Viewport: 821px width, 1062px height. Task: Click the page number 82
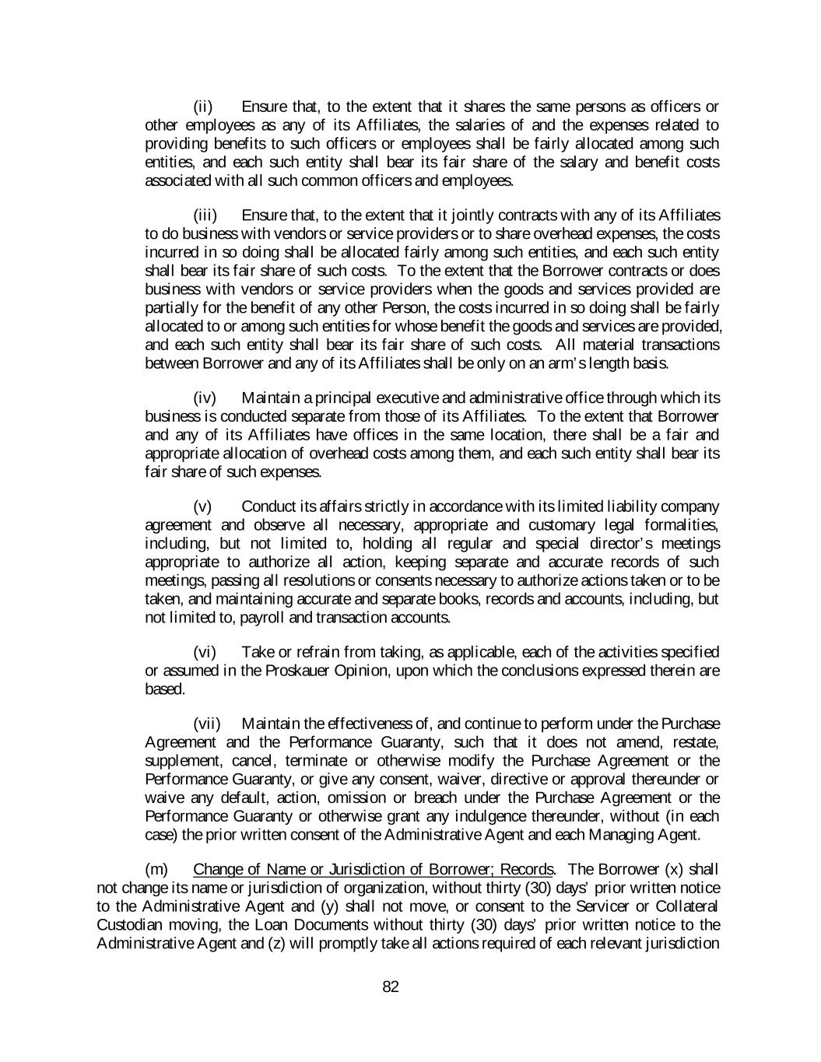[x=391, y=987]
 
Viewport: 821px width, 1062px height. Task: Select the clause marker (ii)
[x=203, y=107]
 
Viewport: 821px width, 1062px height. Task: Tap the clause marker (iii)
[x=205, y=215]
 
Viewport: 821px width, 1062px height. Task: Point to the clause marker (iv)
[x=205, y=398]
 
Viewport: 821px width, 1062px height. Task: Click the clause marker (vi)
[x=205, y=652]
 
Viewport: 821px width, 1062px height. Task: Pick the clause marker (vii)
[x=206, y=724]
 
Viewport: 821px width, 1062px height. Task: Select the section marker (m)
[x=157, y=869]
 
